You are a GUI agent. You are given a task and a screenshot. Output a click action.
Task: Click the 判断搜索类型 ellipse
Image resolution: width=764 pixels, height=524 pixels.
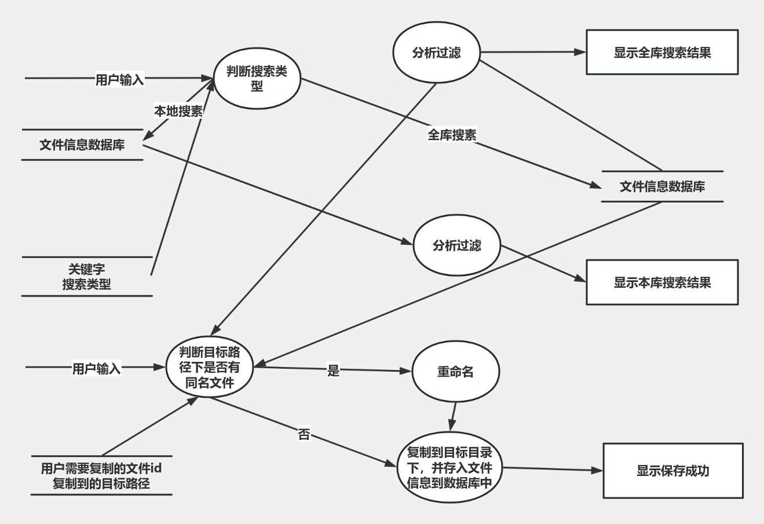[257, 79]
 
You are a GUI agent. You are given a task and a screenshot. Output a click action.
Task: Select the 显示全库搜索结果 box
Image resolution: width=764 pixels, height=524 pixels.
[662, 53]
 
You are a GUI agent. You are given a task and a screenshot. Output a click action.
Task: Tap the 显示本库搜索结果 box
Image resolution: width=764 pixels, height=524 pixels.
[662, 283]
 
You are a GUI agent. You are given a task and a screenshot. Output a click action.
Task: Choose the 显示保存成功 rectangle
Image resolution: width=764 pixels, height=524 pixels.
[672, 471]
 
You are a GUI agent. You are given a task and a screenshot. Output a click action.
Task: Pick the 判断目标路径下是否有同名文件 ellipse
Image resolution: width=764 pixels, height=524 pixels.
[210, 368]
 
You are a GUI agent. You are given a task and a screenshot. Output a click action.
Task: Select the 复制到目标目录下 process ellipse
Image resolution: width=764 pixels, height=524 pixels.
[449, 468]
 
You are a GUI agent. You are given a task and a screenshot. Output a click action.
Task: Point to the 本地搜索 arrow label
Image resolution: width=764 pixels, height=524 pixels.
[178, 111]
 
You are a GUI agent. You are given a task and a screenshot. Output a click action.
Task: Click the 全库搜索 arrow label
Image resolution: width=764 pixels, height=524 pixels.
[452, 135]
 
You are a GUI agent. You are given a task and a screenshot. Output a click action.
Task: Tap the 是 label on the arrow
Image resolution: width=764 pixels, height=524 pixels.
[333, 371]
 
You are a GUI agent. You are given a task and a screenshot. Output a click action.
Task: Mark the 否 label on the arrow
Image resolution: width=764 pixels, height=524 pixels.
[304, 434]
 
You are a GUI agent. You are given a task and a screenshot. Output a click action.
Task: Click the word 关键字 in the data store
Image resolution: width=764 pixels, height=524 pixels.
[87, 269]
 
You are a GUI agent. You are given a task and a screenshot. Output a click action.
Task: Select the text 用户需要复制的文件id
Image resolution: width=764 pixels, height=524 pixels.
[101, 468]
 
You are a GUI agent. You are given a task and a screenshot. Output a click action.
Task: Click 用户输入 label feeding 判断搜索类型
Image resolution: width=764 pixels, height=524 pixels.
[119, 79]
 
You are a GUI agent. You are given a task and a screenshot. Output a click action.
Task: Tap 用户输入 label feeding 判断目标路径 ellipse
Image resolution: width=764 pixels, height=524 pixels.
[96, 368]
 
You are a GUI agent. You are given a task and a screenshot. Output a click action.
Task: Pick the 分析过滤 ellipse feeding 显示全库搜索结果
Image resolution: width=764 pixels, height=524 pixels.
[437, 53]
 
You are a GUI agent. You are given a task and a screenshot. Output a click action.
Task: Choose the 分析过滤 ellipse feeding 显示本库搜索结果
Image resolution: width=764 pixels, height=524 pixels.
[457, 245]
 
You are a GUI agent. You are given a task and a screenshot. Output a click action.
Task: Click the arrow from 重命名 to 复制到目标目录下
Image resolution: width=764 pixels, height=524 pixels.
[453, 416]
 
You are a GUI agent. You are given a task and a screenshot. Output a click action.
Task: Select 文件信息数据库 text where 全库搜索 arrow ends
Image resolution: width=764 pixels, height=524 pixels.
[662, 186]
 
